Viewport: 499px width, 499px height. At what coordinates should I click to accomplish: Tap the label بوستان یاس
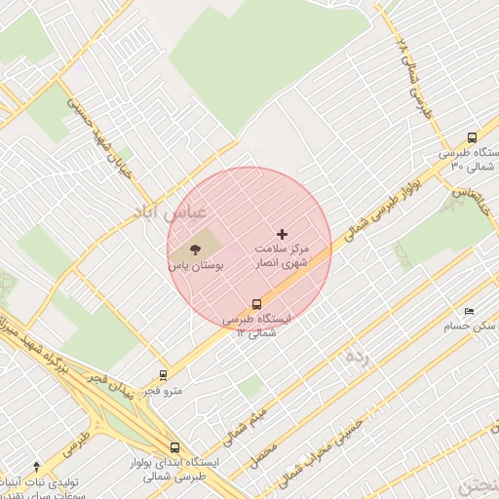tap(196, 265)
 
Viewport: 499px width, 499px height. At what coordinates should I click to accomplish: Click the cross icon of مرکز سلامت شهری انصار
tap(283, 234)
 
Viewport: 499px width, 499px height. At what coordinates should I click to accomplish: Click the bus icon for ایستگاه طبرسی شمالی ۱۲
tap(256, 303)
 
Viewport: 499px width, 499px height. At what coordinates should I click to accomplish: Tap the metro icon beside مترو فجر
tap(163, 373)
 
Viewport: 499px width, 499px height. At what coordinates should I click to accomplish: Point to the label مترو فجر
tap(164, 390)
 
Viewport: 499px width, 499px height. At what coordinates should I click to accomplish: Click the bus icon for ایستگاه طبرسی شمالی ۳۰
tap(472, 137)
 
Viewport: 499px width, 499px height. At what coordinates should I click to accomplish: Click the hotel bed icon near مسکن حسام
tap(470, 311)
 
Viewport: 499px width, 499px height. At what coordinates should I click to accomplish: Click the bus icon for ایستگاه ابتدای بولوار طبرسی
tap(174, 446)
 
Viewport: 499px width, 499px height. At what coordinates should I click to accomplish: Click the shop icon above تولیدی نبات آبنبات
tap(36, 467)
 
